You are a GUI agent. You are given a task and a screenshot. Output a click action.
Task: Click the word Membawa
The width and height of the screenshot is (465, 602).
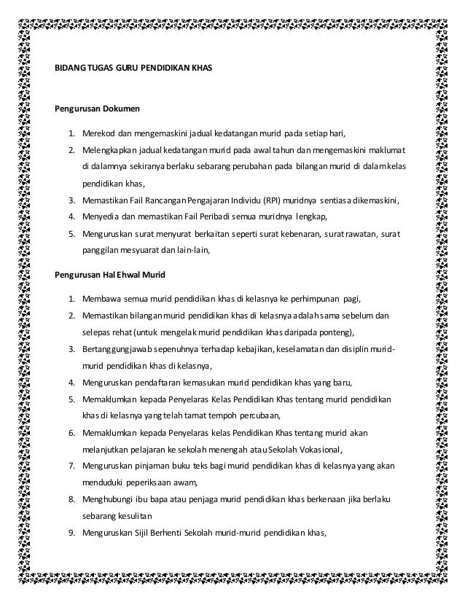100,300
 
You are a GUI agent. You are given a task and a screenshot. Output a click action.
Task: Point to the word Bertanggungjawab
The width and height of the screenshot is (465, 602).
120,349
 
